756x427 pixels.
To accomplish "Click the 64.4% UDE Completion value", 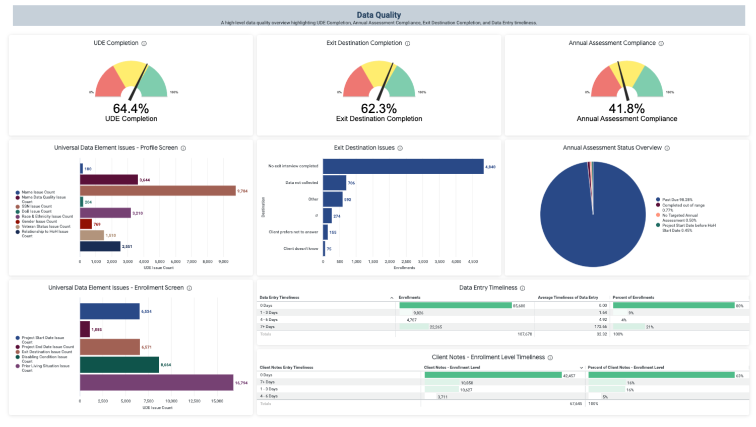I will pyautogui.click(x=131, y=109).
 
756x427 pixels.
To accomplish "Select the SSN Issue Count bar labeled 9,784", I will pyautogui.click(x=157, y=191).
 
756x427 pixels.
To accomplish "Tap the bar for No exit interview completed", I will pyautogui.click(x=403, y=167).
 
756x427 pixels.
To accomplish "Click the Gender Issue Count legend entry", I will pyautogui.click(x=39, y=222).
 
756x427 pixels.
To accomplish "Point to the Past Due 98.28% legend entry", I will pyautogui.click(x=676, y=200).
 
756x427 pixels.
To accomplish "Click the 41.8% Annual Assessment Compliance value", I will pyautogui.click(x=626, y=109).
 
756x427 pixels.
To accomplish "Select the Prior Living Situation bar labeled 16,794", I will pyautogui.click(x=156, y=383).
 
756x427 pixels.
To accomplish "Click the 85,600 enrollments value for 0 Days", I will pyautogui.click(x=518, y=306).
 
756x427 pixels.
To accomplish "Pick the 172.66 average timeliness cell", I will pyautogui.click(x=600, y=327).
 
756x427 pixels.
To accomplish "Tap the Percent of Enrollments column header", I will pyautogui.click(x=633, y=298).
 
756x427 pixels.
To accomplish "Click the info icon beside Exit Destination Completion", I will pyautogui.click(x=408, y=43).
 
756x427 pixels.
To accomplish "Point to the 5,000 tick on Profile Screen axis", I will pyautogui.click(x=160, y=262).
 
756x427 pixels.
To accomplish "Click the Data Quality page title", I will pyautogui.click(x=379, y=15).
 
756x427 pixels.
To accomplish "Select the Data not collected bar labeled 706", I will pyautogui.click(x=334, y=183).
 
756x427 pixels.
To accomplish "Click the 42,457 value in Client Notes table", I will pyautogui.click(x=569, y=376).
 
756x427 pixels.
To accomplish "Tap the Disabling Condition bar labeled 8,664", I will pyautogui.click(x=119, y=365).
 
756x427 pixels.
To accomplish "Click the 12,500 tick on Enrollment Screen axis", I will pyautogui.click(x=194, y=401).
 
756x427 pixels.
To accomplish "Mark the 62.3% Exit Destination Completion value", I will pyautogui.click(x=379, y=109).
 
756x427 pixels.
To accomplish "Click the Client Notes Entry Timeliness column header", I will pyautogui.click(x=286, y=368).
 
